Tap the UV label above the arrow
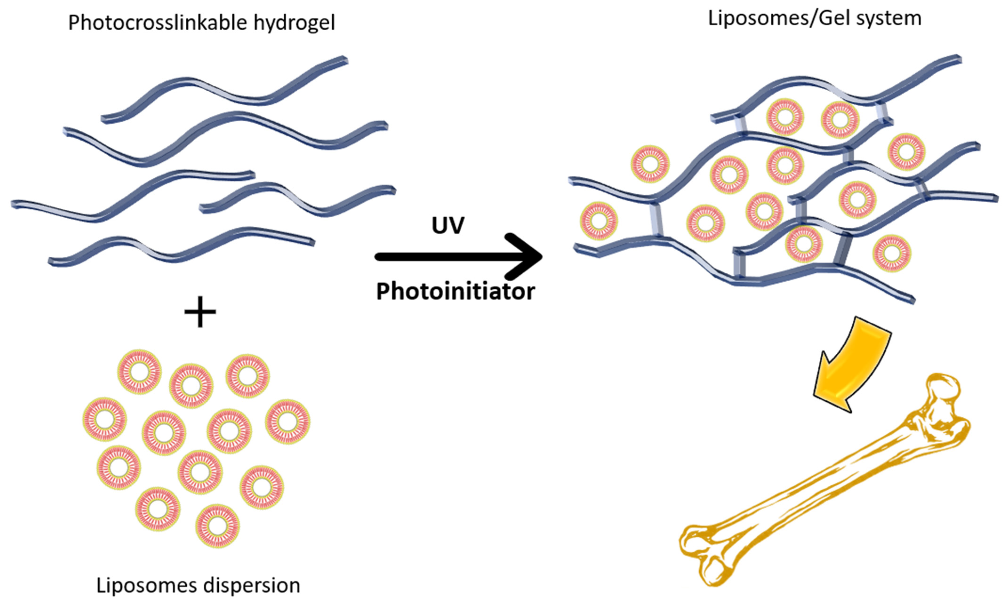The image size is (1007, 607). pos(448,225)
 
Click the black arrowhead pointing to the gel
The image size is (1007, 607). pos(527,256)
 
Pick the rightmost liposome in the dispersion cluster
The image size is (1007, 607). pos(288,422)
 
